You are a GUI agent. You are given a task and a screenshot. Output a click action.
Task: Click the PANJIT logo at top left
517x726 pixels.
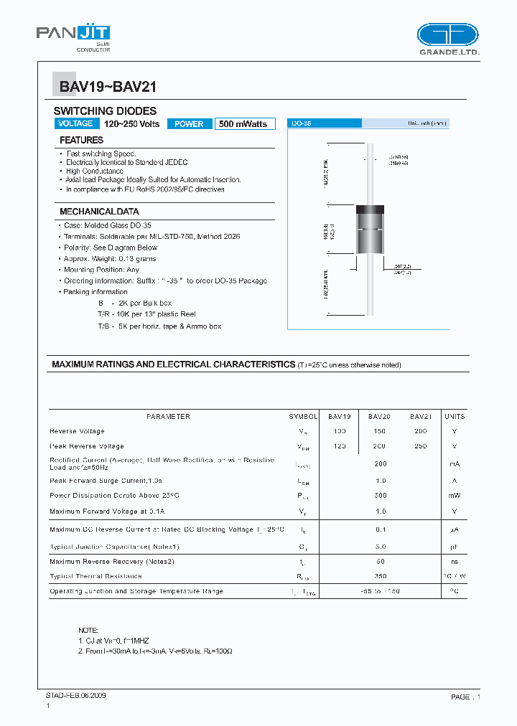pos(73,37)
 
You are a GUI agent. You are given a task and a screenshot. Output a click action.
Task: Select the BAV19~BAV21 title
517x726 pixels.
pos(108,88)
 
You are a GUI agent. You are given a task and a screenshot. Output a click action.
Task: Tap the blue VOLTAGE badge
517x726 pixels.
pos(75,123)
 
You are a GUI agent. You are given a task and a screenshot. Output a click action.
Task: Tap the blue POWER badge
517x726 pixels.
pos(190,123)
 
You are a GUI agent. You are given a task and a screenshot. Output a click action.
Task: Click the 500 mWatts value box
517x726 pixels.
pos(243,123)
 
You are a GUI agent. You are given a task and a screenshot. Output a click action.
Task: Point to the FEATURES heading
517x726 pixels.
pos(81,141)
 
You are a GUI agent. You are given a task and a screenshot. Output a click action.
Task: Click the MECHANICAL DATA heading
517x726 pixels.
pos(99,212)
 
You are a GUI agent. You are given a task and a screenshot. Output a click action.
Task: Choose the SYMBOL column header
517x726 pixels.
pos(303,416)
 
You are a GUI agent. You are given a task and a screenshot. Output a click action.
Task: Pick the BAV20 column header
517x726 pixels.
pos(379,416)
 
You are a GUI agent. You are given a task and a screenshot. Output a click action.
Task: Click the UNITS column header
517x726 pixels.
pos(455,416)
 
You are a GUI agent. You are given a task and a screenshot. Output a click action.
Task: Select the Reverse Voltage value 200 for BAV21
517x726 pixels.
pos(421,431)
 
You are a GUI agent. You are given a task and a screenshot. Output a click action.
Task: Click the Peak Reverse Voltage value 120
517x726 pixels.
pos(340,446)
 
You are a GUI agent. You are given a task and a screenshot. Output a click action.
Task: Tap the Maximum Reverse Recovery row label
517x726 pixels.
pos(112,561)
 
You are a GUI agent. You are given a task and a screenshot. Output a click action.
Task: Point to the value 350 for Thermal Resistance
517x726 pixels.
pos(381,576)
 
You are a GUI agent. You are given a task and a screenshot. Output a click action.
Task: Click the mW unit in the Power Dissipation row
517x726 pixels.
pos(455,496)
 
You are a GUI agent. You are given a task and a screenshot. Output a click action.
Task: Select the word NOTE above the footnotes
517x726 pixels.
pos(88,630)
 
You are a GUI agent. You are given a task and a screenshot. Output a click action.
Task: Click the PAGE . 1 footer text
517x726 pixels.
pos(465,697)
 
